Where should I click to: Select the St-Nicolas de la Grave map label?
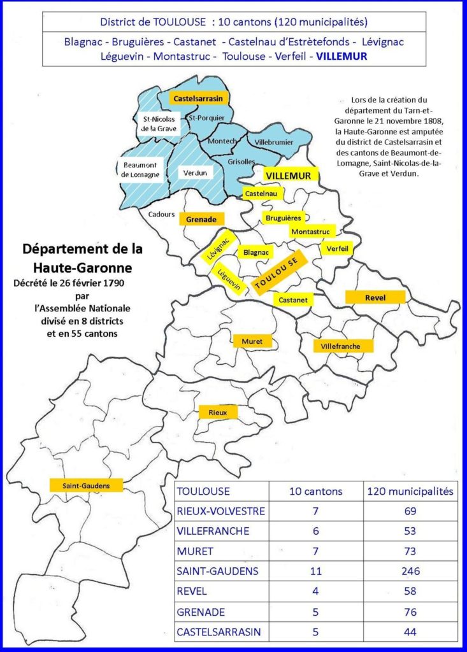(x=159, y=124)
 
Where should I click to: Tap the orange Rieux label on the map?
(x=218, y=413)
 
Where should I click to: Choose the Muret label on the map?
(x=252, y=341)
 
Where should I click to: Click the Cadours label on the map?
(x=162, y=215)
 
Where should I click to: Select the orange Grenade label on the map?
(x=201, y=218)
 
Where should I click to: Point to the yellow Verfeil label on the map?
(x=337, y=250)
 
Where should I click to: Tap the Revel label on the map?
(x=375, y=297)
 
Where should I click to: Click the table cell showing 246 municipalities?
(x=410, y=571)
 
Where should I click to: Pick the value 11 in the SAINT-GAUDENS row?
(x=315, y=571)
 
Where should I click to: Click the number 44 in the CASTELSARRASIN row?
(x=410, y=632)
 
